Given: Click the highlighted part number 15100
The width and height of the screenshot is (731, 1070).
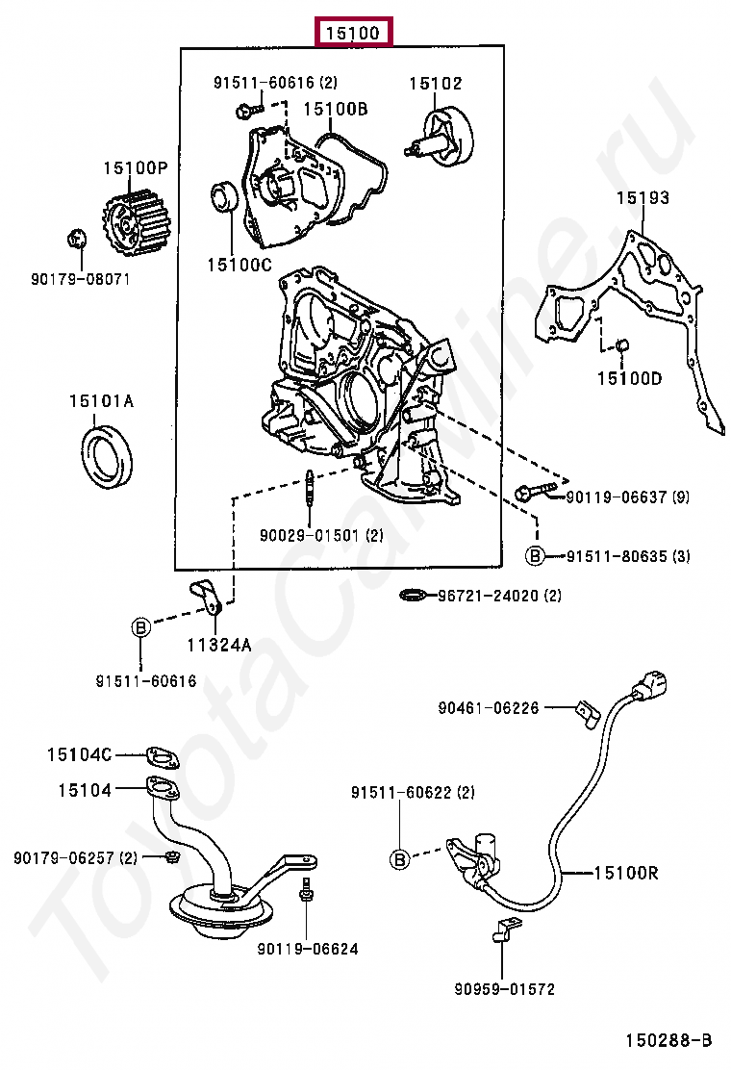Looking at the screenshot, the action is tap(353, 32).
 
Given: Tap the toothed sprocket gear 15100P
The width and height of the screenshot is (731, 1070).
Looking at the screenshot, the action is tap(128, 220).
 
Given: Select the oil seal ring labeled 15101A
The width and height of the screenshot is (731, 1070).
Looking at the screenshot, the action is tap(107, 456).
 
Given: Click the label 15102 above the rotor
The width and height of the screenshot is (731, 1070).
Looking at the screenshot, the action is tap(435, 84).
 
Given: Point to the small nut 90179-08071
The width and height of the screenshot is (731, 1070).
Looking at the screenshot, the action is tap(76, 240).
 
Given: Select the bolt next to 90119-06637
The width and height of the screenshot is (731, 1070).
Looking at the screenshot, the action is tap(536, 492).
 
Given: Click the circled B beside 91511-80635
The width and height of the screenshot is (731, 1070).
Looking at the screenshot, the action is tap(536, 556).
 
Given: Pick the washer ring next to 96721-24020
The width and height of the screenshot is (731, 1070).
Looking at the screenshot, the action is tap(412, 596).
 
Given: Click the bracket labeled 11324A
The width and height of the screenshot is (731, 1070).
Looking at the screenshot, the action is tap(205, 598).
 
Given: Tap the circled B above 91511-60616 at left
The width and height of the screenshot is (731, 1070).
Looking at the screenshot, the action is tap(140, 627).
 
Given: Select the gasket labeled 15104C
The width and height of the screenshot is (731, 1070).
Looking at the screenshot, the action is tap(162, 757).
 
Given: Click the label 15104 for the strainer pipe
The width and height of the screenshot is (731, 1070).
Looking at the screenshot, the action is tap(85, 790).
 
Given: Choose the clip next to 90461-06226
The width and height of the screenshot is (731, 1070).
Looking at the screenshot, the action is tap(587, 713).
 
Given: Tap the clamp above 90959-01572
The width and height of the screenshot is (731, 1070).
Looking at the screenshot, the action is tap(505, 930).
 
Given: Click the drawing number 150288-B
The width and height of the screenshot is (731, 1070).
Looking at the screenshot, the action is tap(668, 1040).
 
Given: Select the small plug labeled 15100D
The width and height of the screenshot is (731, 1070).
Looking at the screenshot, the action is tap(621, 346).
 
